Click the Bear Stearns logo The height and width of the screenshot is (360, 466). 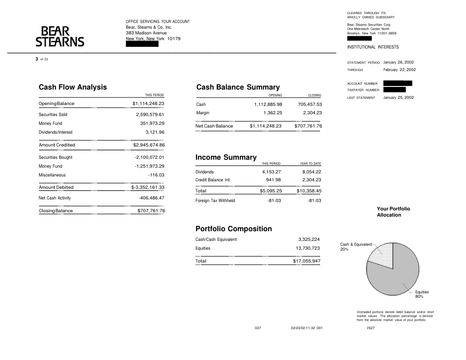60,36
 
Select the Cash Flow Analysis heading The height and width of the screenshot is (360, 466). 73,87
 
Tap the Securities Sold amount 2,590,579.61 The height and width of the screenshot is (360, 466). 150,115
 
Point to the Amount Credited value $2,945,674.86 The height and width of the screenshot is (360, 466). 149,145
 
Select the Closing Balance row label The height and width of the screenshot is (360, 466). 56,211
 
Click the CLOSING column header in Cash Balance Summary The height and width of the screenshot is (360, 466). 314,95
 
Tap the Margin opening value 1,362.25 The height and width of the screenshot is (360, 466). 273,113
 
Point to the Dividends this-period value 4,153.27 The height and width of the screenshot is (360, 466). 271,172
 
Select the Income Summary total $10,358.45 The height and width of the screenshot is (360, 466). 309,191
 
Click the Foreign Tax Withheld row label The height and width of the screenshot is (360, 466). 215,201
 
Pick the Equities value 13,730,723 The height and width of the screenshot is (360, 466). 308,248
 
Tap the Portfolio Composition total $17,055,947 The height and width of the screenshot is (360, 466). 307,261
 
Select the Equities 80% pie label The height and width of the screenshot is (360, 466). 422,294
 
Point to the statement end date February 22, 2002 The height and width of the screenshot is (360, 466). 399,70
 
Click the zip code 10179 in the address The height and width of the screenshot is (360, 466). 173,39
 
